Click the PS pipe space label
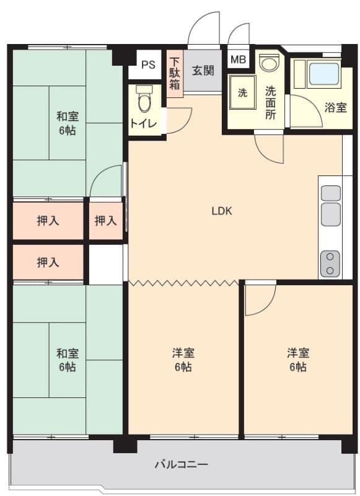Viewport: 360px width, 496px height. pos(148,64)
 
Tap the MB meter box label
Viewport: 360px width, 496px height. pos(239,59)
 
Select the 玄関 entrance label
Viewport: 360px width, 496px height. pos(203,70)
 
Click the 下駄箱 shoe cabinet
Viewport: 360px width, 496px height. pos(175,73)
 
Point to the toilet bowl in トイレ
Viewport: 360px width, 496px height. pos(144,98)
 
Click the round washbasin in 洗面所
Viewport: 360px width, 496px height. pos(269,63)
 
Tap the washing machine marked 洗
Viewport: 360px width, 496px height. pos(242,92)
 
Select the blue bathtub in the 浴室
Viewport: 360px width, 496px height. pos(324,74)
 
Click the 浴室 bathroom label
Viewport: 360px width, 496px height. pos(336,108)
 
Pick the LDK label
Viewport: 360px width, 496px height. pos(222,211)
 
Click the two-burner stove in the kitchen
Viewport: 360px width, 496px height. pos(331,263)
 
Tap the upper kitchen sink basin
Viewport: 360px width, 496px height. pos(331,193)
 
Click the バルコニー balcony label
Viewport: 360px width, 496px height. pos(182,464)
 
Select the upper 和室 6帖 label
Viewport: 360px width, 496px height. pos(68,123)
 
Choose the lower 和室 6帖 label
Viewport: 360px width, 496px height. pos(68,360)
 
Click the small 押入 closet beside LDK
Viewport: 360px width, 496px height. pos(105,221)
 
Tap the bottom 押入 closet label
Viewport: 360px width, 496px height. pos(48,262)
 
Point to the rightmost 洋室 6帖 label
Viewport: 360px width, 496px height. pos(298,360)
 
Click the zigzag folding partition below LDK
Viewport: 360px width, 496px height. pos(183,282)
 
